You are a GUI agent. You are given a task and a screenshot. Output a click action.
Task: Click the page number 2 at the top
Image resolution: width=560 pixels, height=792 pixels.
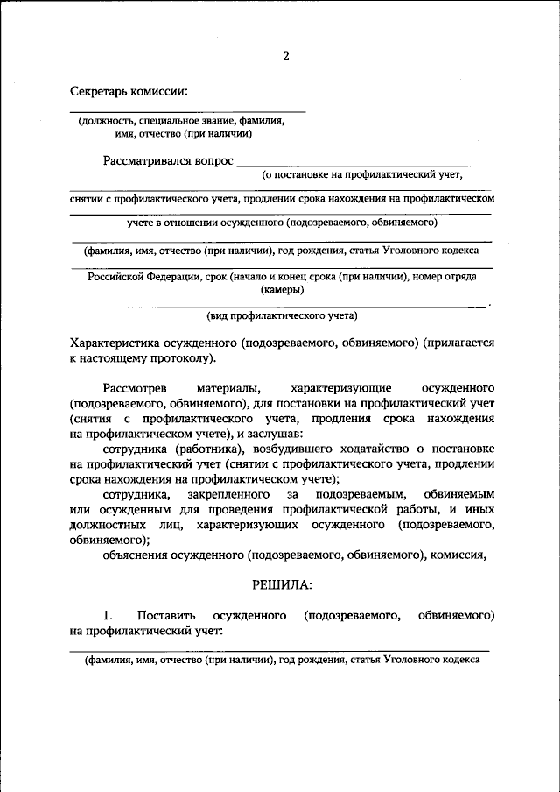pyautogui.click(x=285, y=57)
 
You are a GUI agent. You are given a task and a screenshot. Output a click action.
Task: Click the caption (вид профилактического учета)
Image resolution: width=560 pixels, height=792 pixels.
pyautogui.click(x=282, y=315)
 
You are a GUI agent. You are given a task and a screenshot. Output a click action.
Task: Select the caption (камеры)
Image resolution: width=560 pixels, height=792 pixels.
pyautogui.click(x=282, y=289)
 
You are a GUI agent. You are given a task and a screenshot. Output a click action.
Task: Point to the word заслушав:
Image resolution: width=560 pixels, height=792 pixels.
pyautogui.click(x=275, y=434)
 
